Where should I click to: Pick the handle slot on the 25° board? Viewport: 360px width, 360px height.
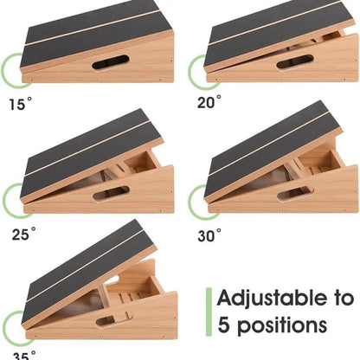tap(111, 192)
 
